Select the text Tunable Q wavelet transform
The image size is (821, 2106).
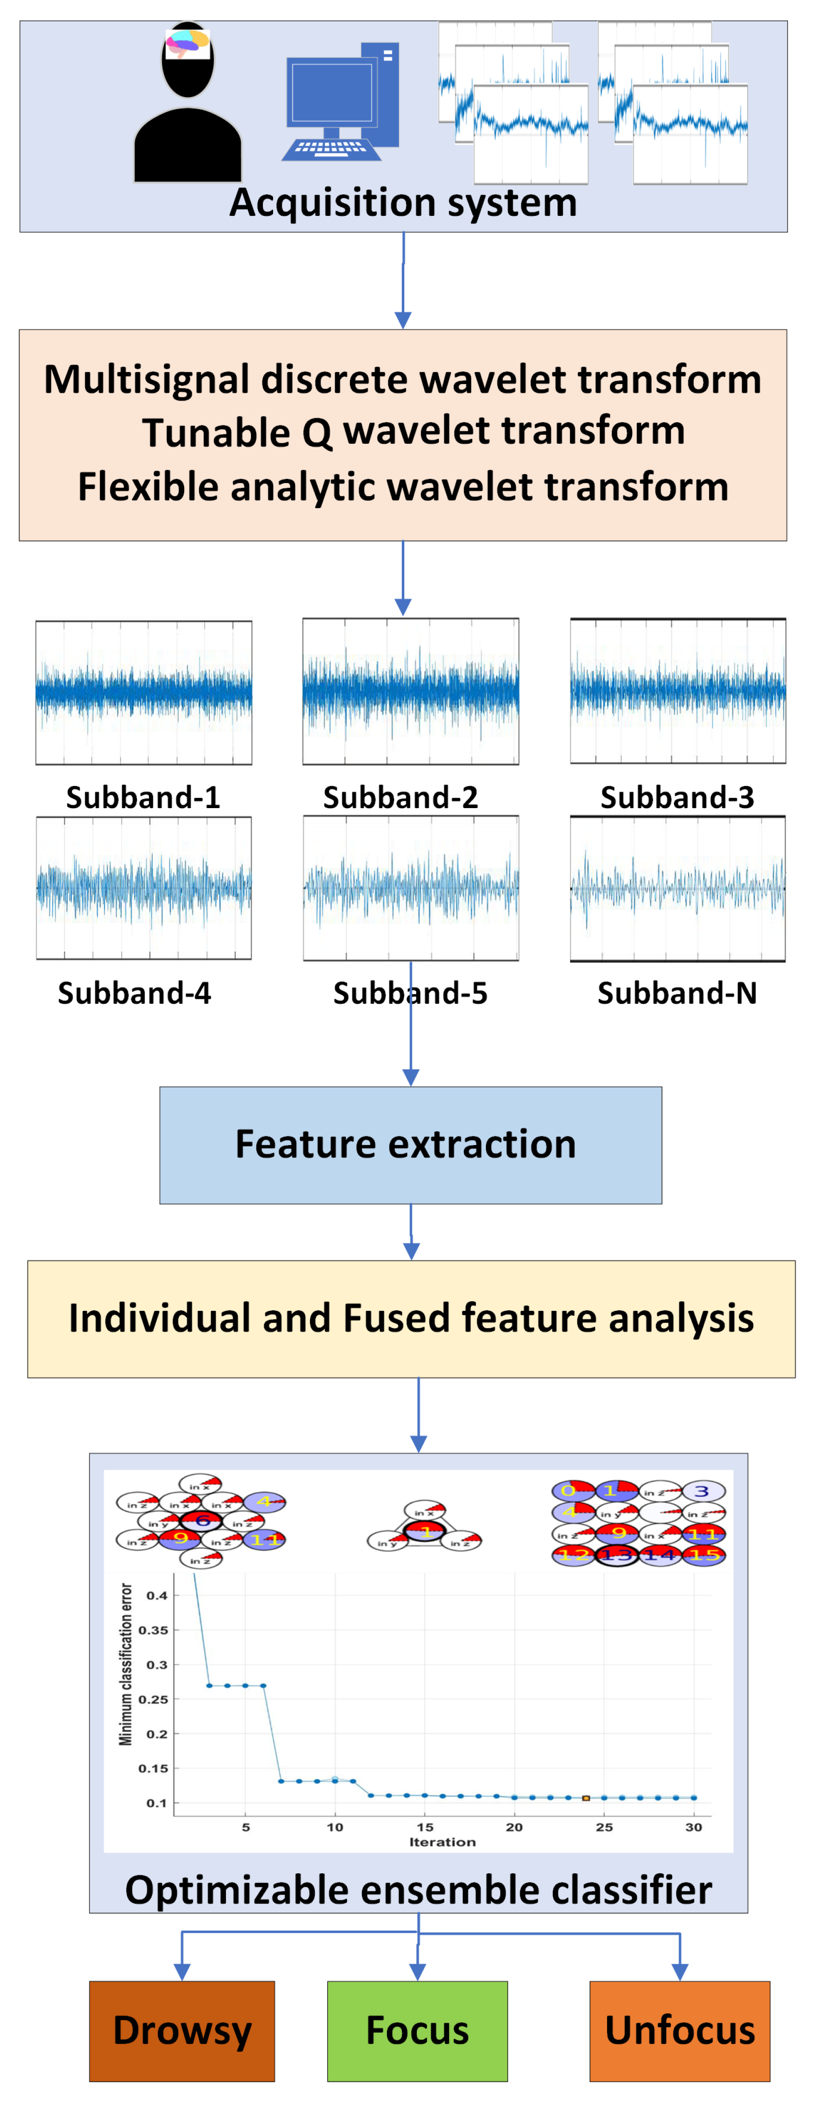413,431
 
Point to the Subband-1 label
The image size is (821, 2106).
143,797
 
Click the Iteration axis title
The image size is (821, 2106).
442,1842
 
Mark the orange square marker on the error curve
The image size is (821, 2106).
585,1798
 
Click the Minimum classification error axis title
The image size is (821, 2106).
126,1664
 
